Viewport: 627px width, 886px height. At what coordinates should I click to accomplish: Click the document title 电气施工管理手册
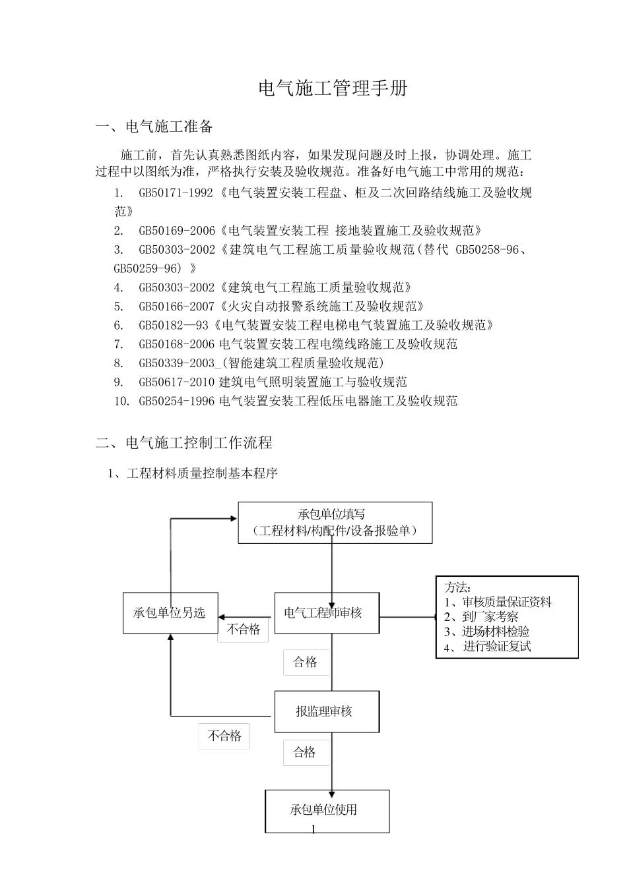click(332, 89)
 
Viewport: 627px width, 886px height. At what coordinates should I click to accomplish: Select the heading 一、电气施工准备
click(154, 126)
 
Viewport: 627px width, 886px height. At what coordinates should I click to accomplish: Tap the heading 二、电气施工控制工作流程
click(183, 442)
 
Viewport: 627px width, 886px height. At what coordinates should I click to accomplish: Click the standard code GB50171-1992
click(176, 193)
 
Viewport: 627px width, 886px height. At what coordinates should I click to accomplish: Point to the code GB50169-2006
click(177, 231)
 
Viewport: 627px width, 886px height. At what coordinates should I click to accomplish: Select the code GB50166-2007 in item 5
click(177, 307)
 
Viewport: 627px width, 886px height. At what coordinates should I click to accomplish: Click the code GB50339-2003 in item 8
click(177, 363)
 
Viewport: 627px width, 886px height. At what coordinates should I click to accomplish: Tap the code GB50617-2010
click(177, 382)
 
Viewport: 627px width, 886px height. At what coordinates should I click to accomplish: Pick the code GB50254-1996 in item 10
click(177, 401)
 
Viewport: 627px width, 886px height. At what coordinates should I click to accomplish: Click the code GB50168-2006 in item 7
click(177, 344)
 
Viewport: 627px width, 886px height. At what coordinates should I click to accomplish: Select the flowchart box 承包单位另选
click(170, 613)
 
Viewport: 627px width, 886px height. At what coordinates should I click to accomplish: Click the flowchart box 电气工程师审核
click(326, 613)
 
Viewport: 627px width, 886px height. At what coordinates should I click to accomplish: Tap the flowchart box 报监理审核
click(326, 711)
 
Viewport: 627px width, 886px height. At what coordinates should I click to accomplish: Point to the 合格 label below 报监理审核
click(306, 752)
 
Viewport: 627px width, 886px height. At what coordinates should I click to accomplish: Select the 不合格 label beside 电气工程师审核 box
click(244, 629)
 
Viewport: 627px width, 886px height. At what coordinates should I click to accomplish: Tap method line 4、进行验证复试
click(488, 647)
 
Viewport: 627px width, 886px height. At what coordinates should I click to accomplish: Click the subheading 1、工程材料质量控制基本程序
click(193, 474)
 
